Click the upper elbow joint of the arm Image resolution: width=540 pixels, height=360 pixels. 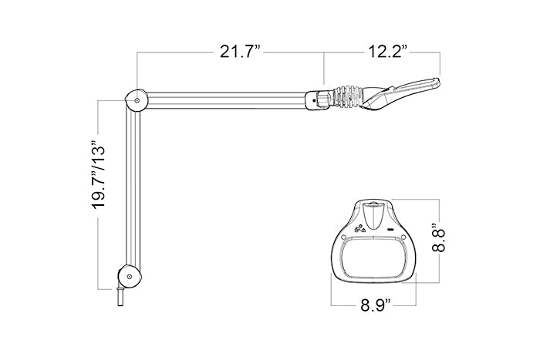pos(135,100)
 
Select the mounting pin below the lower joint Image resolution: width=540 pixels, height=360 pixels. pos(121,295)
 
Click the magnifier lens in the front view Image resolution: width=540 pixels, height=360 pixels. pos(373,257)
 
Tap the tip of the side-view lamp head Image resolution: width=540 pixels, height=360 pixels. pos(435,82)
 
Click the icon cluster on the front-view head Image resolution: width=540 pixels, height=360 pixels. pos(358,228)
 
